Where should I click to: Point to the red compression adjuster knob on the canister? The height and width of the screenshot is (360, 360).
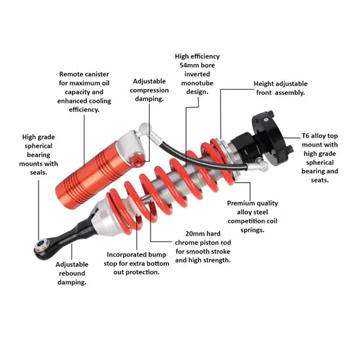[x=137, y=161]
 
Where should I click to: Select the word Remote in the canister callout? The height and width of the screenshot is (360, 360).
[x=71, y=74]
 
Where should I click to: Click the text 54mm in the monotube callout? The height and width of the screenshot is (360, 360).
[x=188, y=65]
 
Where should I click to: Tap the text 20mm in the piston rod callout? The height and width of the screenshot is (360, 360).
[x=193, y=234]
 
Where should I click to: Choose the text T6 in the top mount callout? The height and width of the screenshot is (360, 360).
[x=306, y=135]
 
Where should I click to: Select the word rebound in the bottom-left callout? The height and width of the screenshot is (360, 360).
[x=72, y=273]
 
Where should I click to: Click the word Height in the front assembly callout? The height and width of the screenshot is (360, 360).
[x=264, y=84]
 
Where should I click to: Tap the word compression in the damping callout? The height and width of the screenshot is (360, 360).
[x=149, y=90]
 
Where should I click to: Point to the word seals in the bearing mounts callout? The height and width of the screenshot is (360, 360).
[x=39, y=172]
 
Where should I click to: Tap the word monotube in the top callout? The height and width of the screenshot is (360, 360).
[x=197, y=83]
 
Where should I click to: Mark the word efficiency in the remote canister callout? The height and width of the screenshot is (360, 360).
[x=84, y=110]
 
